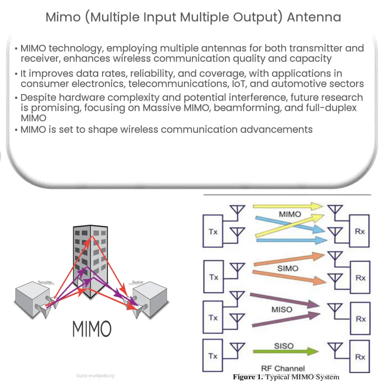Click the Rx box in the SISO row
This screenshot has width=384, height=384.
(360, 357)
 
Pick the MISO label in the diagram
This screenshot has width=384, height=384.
(282, 309)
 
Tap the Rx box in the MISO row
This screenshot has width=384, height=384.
(360, 319)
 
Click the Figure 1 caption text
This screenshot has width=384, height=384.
(286, 377)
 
